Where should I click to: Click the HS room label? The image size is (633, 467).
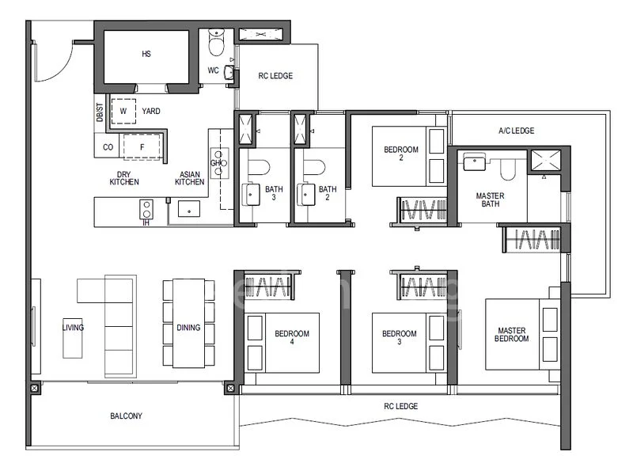146,54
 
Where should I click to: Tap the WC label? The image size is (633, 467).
213,70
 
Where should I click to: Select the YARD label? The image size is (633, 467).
150,112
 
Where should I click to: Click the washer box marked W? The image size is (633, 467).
123,112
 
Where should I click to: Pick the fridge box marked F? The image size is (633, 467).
142,146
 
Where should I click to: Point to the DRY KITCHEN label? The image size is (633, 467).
124,178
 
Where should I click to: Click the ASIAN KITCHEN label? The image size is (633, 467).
189,178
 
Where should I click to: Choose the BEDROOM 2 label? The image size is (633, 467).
400,153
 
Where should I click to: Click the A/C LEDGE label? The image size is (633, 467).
516,131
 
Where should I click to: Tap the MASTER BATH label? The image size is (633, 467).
491,199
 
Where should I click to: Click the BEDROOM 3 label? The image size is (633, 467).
399,338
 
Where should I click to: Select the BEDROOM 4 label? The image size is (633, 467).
291,338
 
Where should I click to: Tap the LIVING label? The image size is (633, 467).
74,327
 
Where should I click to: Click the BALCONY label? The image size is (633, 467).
127,416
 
